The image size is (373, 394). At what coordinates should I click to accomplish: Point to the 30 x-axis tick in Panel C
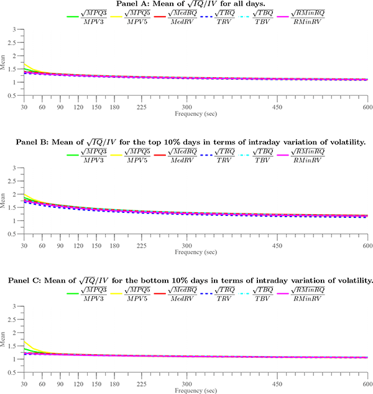click(23, 383)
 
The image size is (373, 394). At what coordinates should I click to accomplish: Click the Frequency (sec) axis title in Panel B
click(195, 253)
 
